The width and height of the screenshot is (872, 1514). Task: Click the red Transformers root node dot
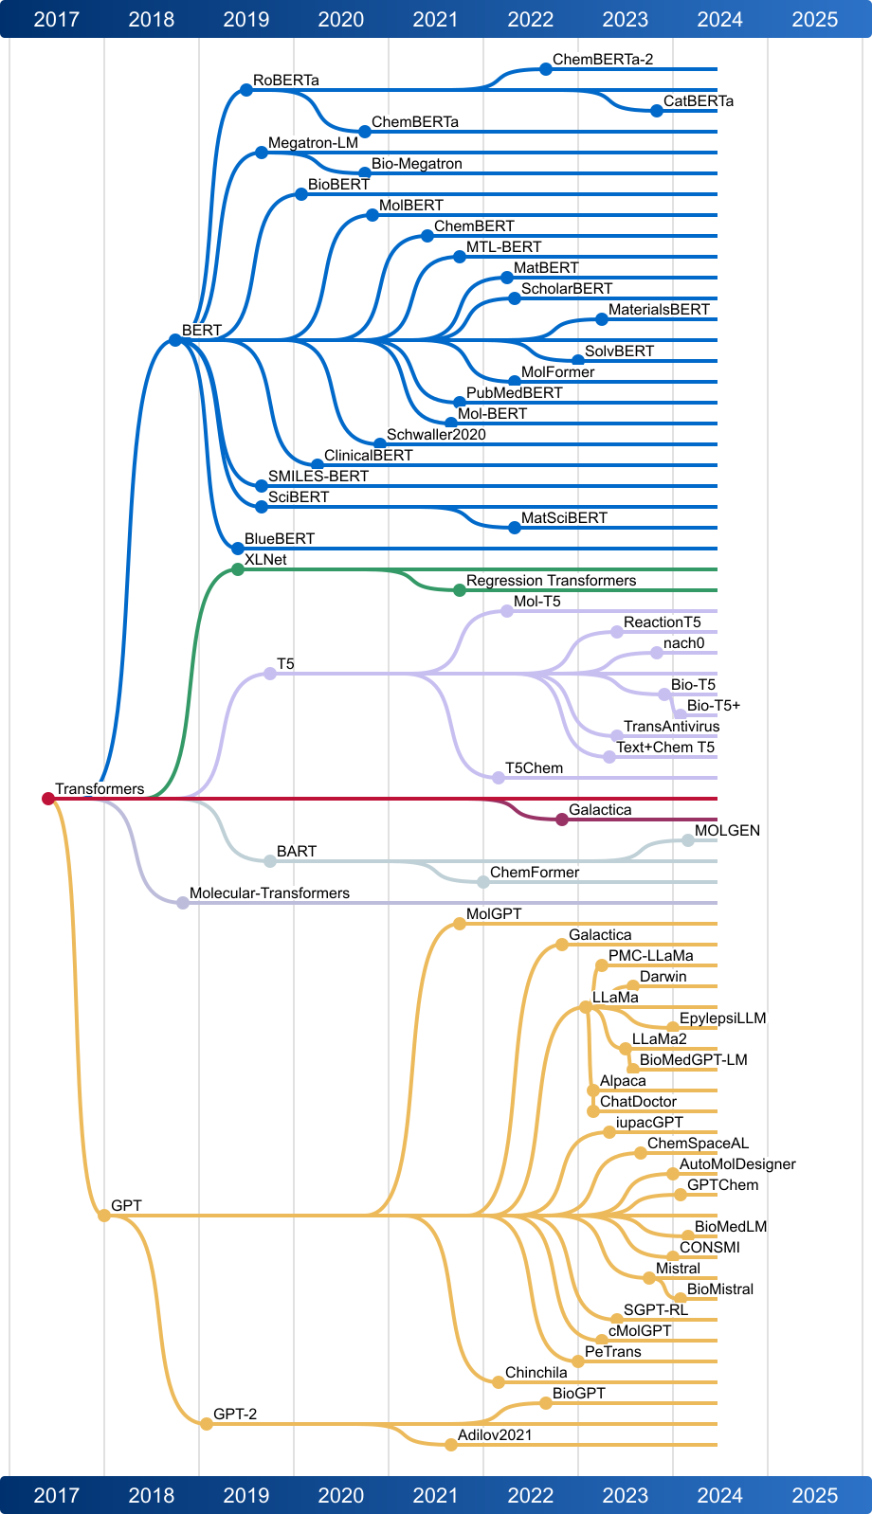tap(48, 799)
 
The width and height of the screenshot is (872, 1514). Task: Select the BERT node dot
tap(175, 340)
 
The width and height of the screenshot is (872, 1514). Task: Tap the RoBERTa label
tap(286, 81)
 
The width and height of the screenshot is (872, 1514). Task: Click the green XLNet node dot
tap(238, 569)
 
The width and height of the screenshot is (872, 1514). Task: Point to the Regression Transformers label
tap(551, 580)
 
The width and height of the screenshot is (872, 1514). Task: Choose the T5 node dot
tap(270, 674)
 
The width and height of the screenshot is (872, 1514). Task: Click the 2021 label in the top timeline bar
tap(436, 19)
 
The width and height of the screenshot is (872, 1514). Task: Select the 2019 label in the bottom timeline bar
tap(246, 1495)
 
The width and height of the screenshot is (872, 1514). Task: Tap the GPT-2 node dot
tap(207, 1424)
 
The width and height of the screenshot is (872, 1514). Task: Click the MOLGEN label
tap(727, 831)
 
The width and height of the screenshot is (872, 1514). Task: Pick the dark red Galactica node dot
tap(562, 820)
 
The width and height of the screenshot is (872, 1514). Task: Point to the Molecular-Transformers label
tap(269, 893)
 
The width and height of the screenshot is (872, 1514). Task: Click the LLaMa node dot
tap(586, 1007)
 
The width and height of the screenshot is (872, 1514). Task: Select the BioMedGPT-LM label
tap(693, 1060)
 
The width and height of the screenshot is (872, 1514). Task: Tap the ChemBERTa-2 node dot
tap(546, 69)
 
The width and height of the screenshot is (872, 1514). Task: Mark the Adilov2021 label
tap(495, 1435)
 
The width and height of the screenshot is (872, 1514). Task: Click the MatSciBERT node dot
tap(515, 528)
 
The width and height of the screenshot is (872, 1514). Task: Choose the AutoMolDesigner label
tap(737, 1164)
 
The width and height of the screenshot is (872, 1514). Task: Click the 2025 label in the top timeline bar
tap(815, 19)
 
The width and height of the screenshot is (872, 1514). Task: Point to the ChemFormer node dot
tap(483, 882)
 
